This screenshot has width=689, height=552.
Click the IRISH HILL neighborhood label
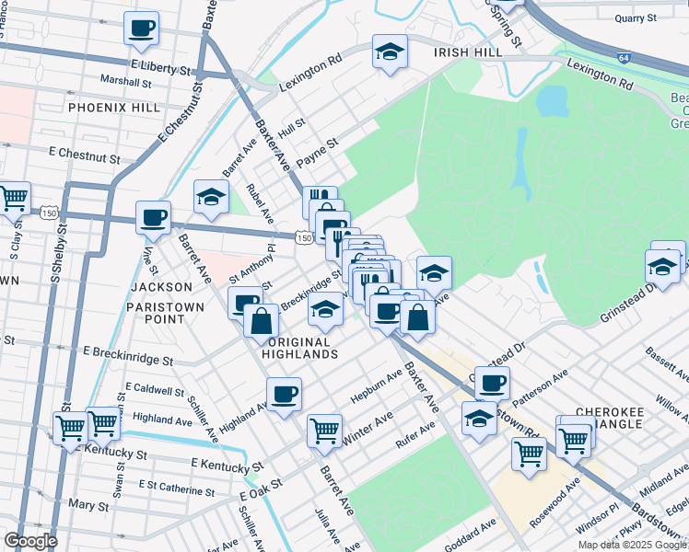[x=469, y=53]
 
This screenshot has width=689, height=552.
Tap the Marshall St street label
[x=126, y=82]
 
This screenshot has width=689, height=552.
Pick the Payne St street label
[x=316, y=144]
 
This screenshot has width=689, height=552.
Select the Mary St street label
[x=88, y=505]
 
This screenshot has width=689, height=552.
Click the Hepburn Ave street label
[x=376, y=389]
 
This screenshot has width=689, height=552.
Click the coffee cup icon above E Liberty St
[x=141, y=28]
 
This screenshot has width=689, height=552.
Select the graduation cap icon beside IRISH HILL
[x=390, y=52]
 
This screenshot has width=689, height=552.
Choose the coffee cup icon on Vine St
[x=154, y=218]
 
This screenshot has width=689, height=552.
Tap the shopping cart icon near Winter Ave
[x=324, y=428]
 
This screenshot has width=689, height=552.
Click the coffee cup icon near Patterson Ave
[x=493, y=381]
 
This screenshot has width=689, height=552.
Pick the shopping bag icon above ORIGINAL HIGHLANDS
[x=262, y=321]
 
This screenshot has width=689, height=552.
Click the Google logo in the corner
[x=30, y=541]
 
